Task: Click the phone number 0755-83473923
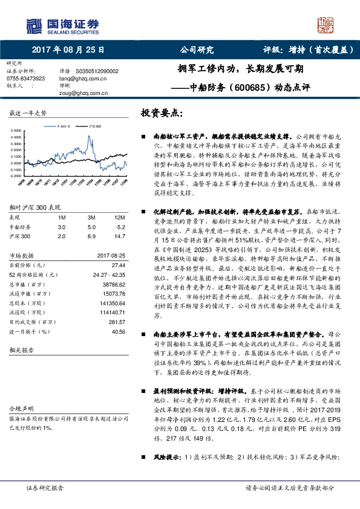coord(26,79)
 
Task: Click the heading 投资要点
coord(162,112)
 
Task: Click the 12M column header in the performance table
coord(120,217)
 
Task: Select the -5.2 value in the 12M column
coord(120,226)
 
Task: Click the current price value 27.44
coord(117,265)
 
